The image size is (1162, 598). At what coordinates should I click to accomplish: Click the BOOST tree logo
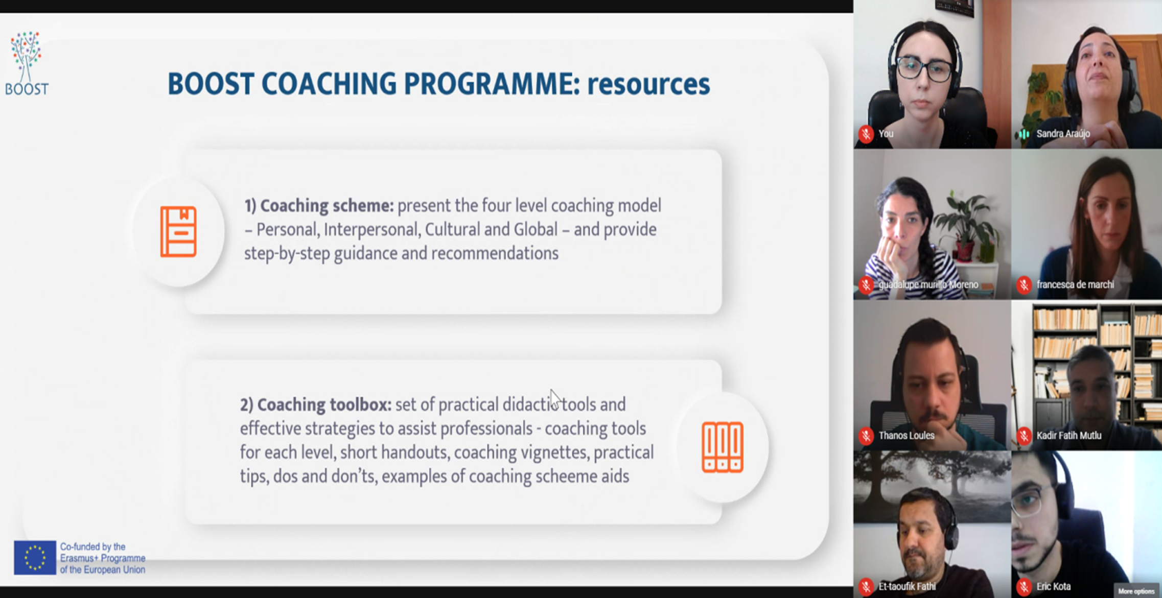click(26, 63)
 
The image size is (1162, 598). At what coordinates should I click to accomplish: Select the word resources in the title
click(648, 84)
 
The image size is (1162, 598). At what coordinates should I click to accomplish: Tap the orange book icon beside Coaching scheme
click(178, 231)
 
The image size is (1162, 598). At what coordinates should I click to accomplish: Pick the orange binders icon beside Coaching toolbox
click(722, 447)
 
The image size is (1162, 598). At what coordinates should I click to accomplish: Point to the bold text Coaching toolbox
click(324, 404)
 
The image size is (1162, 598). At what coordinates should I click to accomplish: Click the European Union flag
click(35, 558)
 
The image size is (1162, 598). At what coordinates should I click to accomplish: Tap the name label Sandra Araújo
click(1063, 134)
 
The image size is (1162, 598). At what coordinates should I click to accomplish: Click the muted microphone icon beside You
click(866, 134)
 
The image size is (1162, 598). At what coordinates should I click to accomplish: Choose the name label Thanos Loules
click(906, 436)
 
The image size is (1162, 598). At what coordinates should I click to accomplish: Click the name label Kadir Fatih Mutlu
click(1068, 436)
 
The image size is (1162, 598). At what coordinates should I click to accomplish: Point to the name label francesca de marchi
click(1075, 285)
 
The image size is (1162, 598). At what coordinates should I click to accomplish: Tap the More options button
click(1136, 591)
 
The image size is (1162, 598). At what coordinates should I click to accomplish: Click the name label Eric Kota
click(1053, 587)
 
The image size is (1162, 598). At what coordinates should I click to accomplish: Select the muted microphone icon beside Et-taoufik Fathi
click(866, 587)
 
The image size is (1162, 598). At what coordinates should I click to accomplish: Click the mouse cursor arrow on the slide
click(555, 398)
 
